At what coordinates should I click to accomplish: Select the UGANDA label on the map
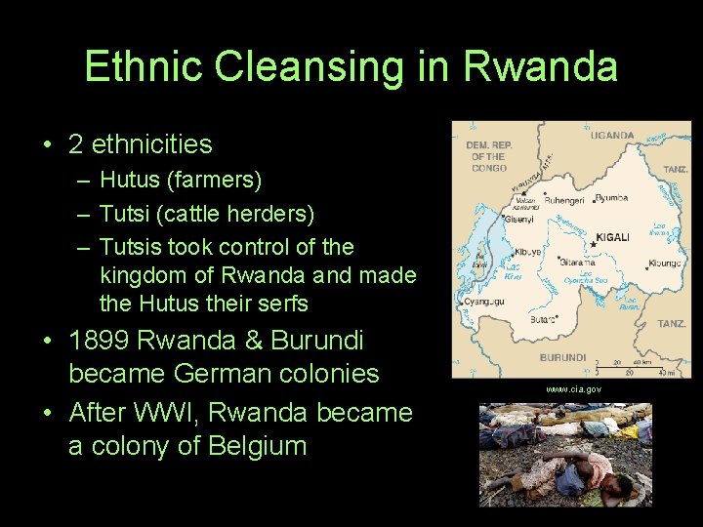(x=612, y=136)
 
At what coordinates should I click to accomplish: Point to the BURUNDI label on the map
(x=563, y=358)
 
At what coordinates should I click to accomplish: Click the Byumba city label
(x=612, y=198)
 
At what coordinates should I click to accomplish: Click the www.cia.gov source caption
(x=573, y=389)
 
